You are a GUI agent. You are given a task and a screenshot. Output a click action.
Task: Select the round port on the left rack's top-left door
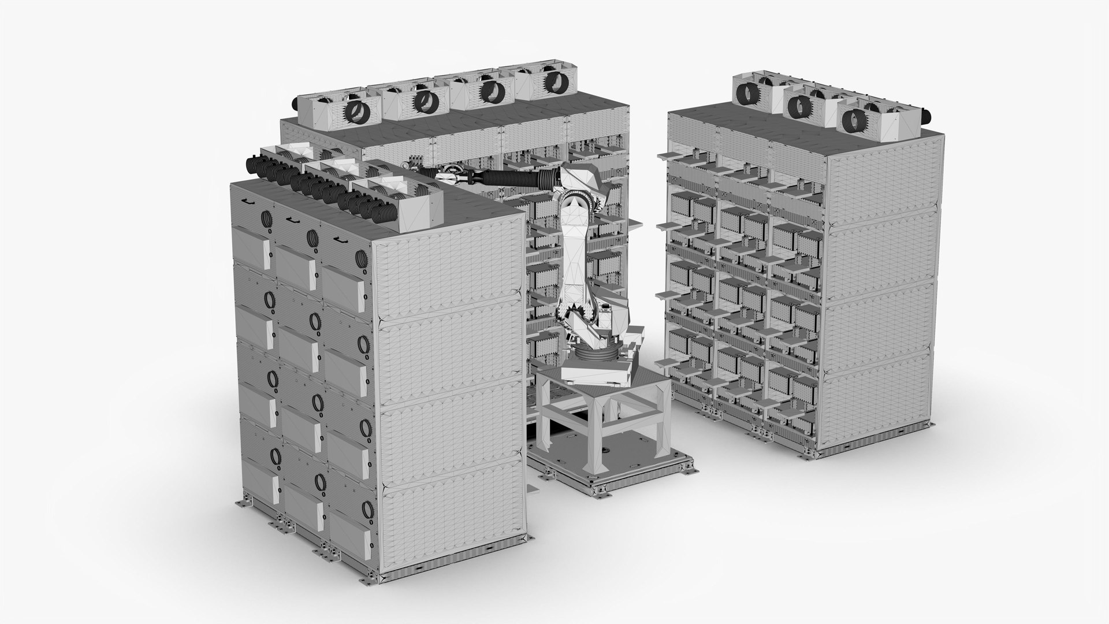point(267,218)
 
